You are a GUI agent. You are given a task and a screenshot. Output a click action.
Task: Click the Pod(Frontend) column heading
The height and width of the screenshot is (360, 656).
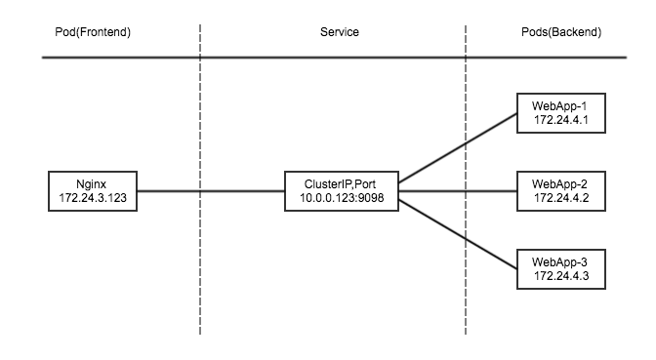[x=93, y=32]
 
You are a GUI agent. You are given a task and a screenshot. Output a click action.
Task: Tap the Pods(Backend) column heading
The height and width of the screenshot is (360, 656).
[x=562, y=32]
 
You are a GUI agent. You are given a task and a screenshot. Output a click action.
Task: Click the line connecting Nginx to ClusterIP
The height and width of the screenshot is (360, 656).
[x=210, y=191]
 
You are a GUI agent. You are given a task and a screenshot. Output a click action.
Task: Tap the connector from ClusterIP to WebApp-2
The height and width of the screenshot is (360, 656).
[x=457, y=191]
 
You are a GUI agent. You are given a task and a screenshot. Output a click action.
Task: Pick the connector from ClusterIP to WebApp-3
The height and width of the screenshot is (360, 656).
[x=457, y=232]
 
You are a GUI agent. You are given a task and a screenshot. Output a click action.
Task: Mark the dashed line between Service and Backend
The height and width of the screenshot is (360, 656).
[x=466, y=293]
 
